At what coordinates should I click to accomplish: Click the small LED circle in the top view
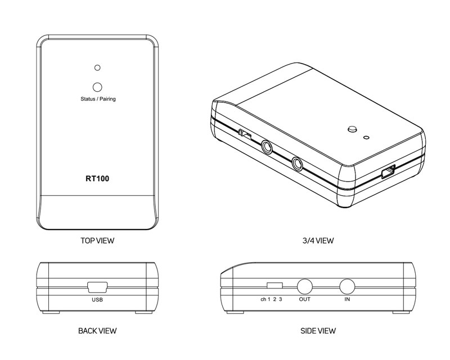[x=97, y=67]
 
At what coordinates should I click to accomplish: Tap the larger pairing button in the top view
[x=97, y=87]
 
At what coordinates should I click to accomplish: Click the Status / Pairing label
[x=98, y=99]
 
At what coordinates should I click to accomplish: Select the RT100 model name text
[x=97, y=178]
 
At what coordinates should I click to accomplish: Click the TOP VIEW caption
[x=97, y=241]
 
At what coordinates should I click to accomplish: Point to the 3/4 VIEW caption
[x=318, y=241]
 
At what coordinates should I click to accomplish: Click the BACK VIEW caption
[x=97, y=331]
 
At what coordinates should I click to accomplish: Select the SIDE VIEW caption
[x=318, y=331]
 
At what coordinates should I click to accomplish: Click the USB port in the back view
[x=97, y=287]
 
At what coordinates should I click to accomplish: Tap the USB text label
[x=97, y=300]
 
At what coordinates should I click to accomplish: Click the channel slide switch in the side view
[x=274, y=285]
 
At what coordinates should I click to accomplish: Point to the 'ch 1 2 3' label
[x=271, y=299]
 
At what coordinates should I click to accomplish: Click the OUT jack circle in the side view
[x=304, y=287]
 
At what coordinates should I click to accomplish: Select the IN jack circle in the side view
[x=347, y=287]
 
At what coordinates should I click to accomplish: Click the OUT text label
[x=305, y=299]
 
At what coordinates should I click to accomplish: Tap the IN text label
[x=347, y=299]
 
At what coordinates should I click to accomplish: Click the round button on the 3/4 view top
[x=352, y=129]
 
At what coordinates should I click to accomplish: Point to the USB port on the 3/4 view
[x=389, y=172]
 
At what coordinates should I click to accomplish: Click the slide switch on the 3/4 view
[x=245, y=134]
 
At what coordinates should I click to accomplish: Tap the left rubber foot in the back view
[x=51, y=312]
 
